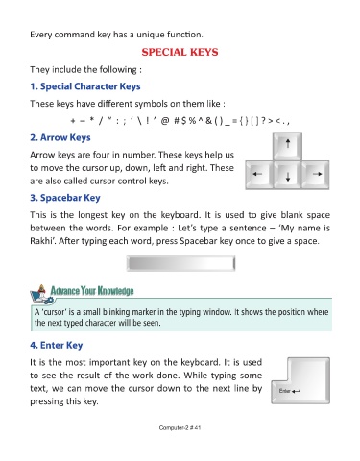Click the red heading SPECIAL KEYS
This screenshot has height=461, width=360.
[180, 52]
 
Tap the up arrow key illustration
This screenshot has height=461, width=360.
[287, 146]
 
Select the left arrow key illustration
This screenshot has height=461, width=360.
[259, 175]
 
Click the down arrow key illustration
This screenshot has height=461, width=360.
[287, 175]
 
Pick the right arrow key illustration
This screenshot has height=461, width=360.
[316, 175]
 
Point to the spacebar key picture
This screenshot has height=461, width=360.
[180, 263]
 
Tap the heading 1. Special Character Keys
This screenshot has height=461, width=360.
[85, 86]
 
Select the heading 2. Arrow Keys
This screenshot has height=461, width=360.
[60, 137]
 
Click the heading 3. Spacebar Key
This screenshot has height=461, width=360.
[65, 198]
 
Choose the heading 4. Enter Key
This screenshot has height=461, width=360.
[57, 345]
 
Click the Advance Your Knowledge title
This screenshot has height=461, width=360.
[92, 291]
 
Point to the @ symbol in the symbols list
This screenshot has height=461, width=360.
[165, 121]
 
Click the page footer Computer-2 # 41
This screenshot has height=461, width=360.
[180, 427]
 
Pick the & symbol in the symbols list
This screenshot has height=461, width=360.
[208, 121]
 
